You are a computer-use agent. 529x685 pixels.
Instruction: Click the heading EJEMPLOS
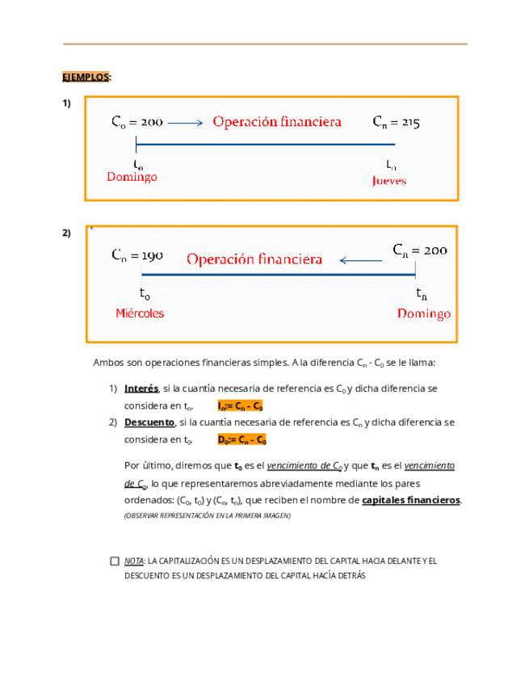(x=86, y=77)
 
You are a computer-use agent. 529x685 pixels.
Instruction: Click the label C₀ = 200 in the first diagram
(x=136, y=123)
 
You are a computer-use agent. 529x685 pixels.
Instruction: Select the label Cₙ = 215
(x=396, y=123)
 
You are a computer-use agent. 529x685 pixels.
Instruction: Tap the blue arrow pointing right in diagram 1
(x=187, y=124)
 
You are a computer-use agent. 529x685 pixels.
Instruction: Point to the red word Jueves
(x=388, y=181)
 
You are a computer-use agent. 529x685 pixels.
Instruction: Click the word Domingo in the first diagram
(x=132, y=176)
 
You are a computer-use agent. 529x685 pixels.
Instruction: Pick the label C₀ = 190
(x=137, y=255)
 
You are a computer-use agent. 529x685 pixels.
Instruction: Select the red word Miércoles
(x=139, y=313)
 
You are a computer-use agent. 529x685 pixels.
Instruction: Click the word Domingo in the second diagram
(x=424, y=313)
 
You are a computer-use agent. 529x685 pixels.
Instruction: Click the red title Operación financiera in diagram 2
(x=254, y=259)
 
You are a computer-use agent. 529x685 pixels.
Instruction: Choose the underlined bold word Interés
(x=141, y=389)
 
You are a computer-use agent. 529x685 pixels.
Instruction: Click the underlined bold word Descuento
(x=149, y=422)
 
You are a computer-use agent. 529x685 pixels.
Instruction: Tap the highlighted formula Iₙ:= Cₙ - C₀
(x=241, y=406)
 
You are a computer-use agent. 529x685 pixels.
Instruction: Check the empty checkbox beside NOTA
(x=114, y=561)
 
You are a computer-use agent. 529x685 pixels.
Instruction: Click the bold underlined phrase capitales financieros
(x=411, y=500)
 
